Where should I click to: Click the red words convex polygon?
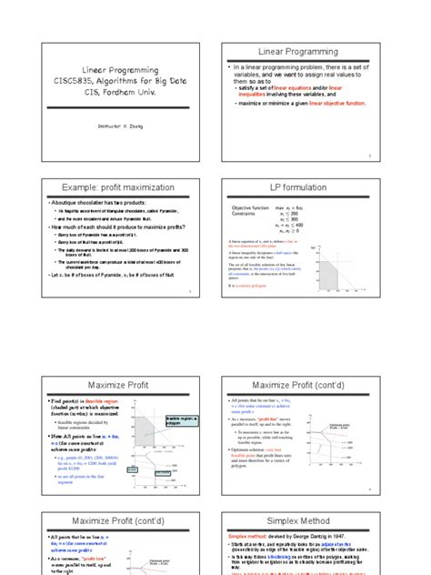(x=255, y=285)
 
